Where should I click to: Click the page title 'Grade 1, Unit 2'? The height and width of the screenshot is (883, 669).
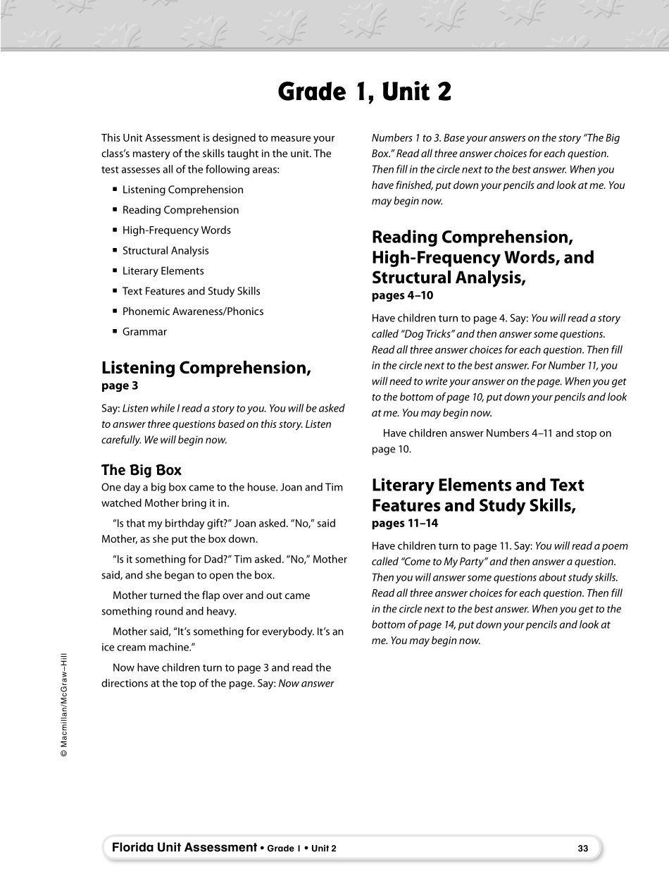(364, 92)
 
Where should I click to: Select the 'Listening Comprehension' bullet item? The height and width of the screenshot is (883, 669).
(182, 190)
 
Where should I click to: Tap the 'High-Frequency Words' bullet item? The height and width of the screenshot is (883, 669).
(176, 230)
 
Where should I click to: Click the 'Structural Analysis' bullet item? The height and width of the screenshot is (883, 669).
(165, 251)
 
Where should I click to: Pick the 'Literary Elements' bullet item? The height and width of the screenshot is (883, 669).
(163, 271)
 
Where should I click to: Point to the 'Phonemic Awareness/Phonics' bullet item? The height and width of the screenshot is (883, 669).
(192, 311)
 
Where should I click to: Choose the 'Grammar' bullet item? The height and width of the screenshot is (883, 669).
(144, 332)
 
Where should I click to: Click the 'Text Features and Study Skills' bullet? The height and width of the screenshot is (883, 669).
(191, 291)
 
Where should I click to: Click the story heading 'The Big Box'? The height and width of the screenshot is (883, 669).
(142, 470)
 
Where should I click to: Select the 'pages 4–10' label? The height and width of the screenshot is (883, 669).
(402, 295)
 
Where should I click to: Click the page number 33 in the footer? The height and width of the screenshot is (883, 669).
(582, 848)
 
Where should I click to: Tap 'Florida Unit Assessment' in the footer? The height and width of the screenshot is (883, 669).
(184, 848)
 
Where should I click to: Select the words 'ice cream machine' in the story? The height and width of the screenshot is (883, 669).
(146, 647)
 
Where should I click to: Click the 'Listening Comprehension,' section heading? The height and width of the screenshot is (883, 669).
(206, 368)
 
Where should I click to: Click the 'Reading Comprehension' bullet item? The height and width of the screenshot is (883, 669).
(180, 210)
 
